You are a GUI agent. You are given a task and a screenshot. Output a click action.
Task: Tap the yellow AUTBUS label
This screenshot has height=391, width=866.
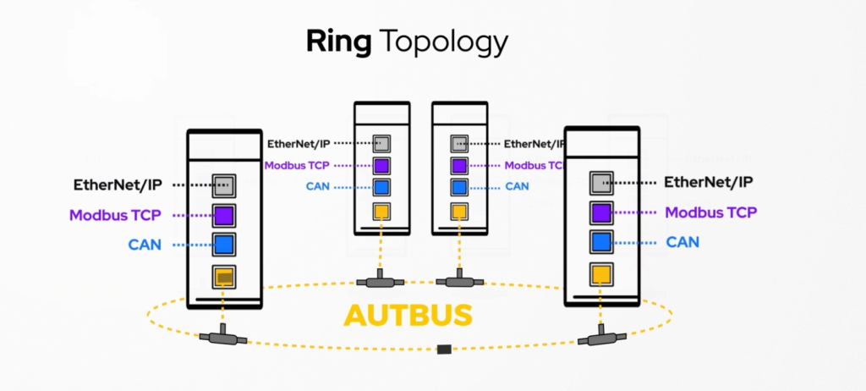408,313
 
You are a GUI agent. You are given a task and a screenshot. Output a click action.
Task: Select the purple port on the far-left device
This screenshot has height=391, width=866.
224,215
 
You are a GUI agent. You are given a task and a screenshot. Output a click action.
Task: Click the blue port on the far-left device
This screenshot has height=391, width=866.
224,245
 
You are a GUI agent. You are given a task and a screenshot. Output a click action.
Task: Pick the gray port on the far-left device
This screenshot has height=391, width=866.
224,184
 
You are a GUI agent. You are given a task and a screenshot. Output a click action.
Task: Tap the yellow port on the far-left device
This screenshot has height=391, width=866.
224,276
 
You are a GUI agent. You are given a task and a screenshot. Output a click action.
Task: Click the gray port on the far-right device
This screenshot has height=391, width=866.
601,181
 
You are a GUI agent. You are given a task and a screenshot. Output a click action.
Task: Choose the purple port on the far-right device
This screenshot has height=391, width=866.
601,212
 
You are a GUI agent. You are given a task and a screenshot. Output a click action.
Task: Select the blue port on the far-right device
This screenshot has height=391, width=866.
601,242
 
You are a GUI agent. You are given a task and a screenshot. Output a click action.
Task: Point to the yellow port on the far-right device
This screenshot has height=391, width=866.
601,273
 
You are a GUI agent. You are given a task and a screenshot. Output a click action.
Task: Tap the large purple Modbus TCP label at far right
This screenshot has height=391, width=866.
710,212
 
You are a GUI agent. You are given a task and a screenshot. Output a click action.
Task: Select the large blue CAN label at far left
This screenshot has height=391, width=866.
145,245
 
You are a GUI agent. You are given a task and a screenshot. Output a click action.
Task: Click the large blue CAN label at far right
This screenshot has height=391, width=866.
682,242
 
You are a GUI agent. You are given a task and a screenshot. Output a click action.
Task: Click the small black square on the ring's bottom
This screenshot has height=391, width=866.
442,349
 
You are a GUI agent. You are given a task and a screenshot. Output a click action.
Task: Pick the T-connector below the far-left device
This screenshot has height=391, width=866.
223,337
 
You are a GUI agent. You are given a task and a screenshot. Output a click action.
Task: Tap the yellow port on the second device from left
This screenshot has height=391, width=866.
381,210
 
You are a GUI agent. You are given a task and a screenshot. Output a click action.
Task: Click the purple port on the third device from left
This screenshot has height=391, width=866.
459,165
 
